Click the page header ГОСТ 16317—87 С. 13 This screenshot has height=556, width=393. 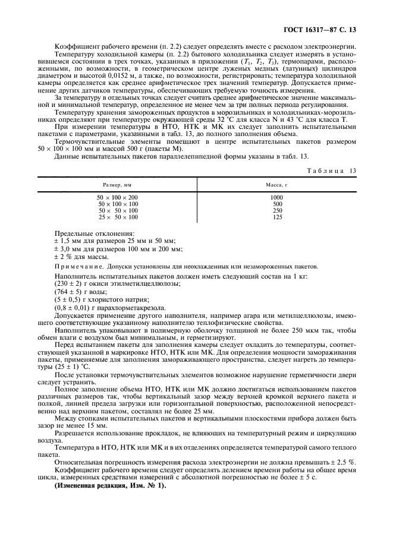[x=323, y=29]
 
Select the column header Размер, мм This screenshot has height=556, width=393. [x=117, y=185]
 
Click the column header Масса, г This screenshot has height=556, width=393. [x=276, y=185]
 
